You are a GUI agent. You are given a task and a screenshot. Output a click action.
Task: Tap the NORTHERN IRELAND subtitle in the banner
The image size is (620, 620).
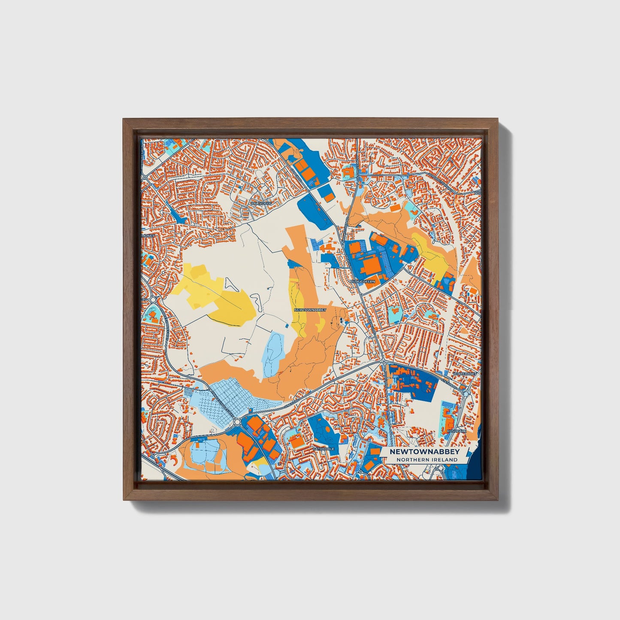426,460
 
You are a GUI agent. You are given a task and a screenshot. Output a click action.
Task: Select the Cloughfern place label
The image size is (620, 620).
363,281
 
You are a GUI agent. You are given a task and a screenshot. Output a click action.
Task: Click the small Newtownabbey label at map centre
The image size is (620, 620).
310,309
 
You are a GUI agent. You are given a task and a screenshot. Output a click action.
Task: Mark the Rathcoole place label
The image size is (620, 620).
323,449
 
